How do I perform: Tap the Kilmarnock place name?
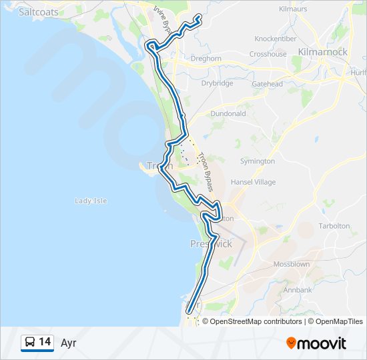pos(323,51)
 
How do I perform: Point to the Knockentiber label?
pos(275,39)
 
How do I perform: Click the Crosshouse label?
pos(268,54)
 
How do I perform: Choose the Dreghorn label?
pos(206,59)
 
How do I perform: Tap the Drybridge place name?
pos(217,83)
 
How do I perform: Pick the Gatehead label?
pos(268,84)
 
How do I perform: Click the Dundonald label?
pos(228,114)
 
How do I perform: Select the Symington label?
pos(258,161)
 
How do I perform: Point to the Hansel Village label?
pos(253,182)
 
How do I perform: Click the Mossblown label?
pos(292,264)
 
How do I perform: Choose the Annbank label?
pos(298,290)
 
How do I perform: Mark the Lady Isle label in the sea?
pos(91,201)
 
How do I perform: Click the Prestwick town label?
pos(211,244)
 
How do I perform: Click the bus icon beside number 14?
pos(30,343)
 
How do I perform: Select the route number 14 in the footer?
pos(45,342)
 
